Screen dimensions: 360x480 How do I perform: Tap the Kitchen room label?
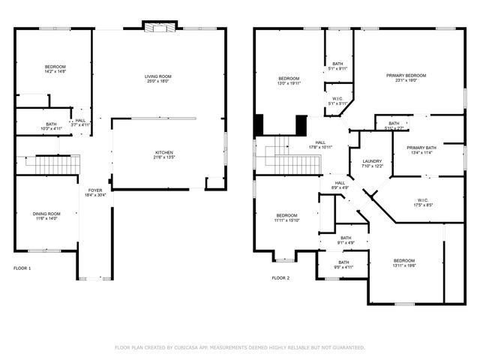click(x=163, y=154)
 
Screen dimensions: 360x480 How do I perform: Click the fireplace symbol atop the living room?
click(x=160, y=28)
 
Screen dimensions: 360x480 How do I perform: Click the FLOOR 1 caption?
click(x=22, y=268)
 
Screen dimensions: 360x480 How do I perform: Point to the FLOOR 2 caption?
click(x=280, y=277)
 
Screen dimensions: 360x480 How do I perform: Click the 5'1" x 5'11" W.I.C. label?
click(x=337, y=101)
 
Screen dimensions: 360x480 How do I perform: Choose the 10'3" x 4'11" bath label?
click(x=51, y=126)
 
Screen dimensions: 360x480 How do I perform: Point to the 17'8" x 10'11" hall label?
click(x=320, y=145)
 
